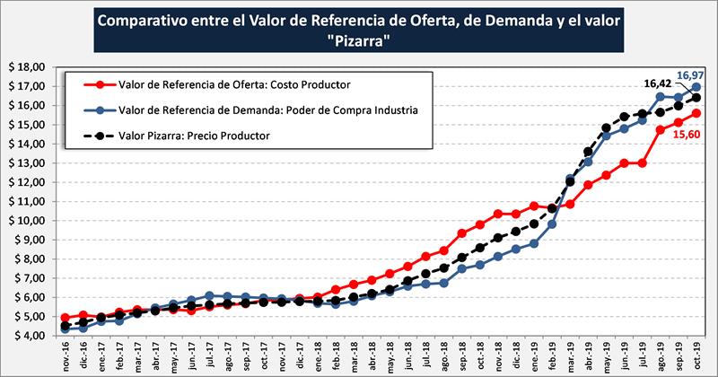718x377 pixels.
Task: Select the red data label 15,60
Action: (687, 134)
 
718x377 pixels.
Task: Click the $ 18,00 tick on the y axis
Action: (27, 67)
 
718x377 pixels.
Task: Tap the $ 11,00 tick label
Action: (27, 202)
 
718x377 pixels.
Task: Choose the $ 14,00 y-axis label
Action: (27, 145)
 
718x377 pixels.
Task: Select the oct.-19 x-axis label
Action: (697, 354)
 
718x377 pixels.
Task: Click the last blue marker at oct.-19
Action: (696, 87)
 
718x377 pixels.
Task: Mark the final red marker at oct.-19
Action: (696, 113)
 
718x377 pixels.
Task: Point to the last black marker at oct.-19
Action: (696, 98)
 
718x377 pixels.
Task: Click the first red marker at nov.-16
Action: (66, 318)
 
